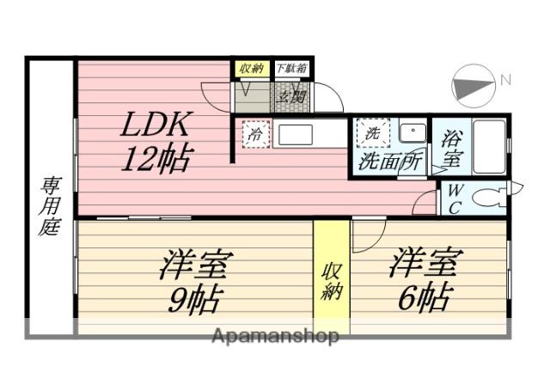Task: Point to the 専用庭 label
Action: coord(49,206)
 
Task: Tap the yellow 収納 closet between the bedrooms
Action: coord(332,279)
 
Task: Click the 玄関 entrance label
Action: coord(291,96)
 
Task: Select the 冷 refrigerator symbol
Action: coord(255,135)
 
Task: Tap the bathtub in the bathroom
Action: coord(488,147)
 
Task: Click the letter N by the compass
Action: coord(506,80)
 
